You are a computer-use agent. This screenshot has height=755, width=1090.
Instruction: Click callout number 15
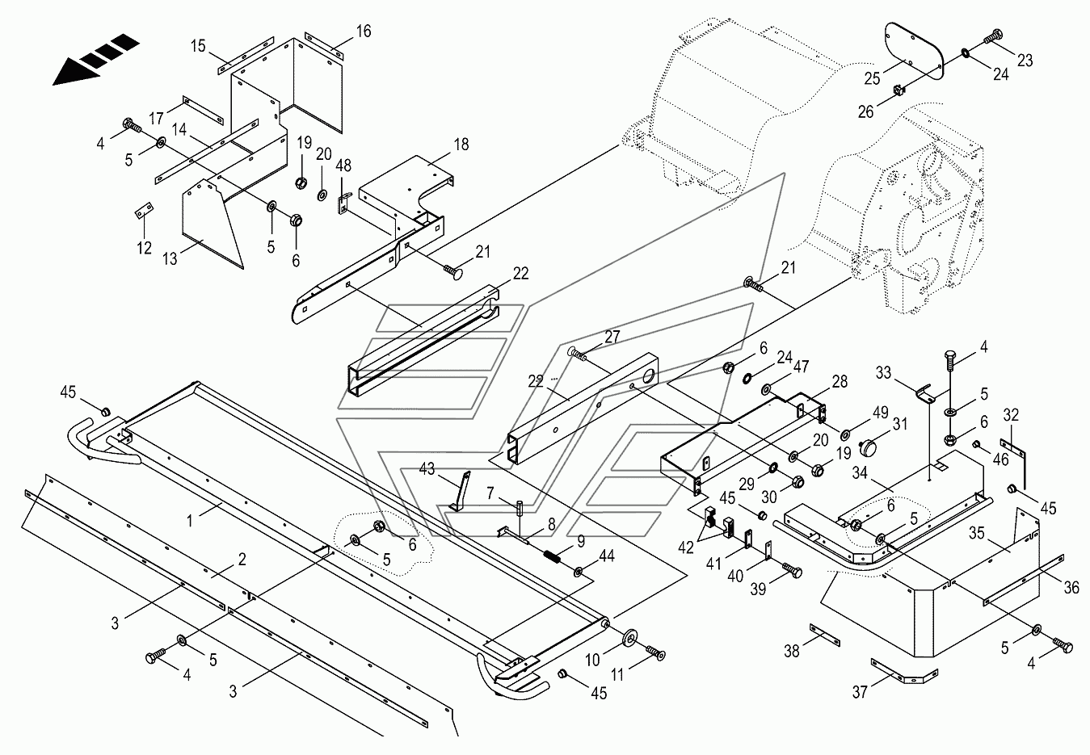[x=199, y=46]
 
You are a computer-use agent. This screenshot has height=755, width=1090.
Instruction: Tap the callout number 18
[x=461, y=145]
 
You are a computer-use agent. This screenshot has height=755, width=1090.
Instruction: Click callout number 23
[x=1025, y=61]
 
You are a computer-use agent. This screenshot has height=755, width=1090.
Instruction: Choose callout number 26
[x=865, y=111]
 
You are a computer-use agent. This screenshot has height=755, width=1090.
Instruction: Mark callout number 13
[x=170, y=258]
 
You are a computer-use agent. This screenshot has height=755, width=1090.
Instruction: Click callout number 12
[x=144, y=248]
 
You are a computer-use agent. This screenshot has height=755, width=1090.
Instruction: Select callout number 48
[x=344, y=165]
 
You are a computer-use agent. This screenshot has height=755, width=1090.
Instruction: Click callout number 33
[x=884, y=373]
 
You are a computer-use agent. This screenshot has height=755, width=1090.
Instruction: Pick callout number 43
[x=427, y=468]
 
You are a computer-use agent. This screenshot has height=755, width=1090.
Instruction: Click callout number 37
[x=861, y=692]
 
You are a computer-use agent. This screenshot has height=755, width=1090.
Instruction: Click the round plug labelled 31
[x=870, y=447]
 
